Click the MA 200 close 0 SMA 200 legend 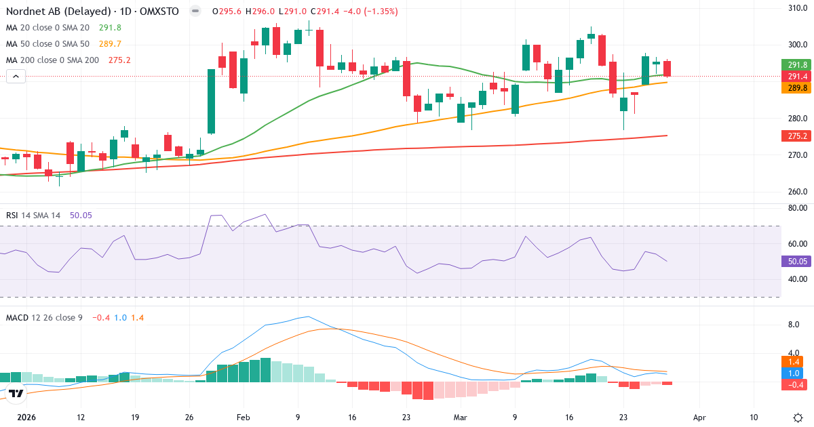click(52, 60)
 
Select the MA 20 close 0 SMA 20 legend click(47, 28)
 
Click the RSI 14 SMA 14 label click(33, 216)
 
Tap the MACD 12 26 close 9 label click(44, 317)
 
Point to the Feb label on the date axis click(243, 418)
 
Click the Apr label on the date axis click(700, 418)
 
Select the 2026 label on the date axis click(26, 418)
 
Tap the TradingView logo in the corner click(16, 393)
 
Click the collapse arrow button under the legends click(16, 77)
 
